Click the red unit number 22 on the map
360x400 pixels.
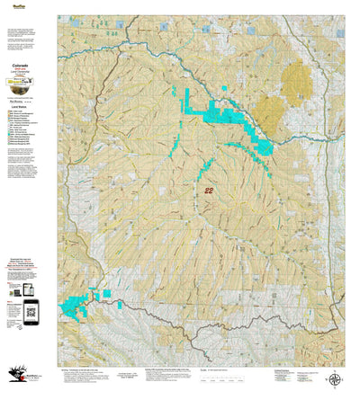[209, 191]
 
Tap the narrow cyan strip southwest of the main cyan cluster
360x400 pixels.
[203, 170]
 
